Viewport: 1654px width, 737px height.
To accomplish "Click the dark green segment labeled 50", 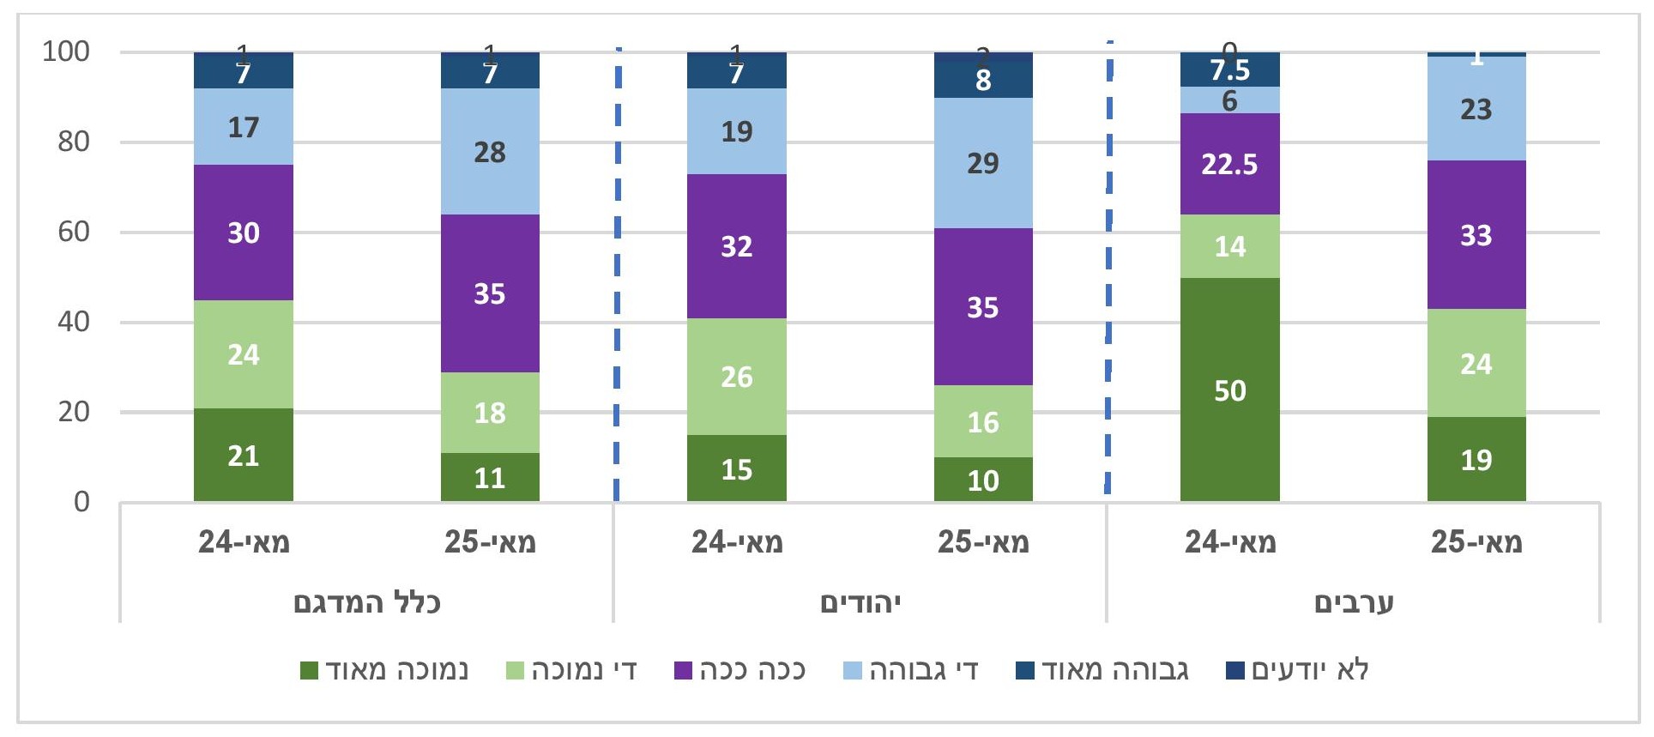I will pyautogui.click(x=1229, y=390).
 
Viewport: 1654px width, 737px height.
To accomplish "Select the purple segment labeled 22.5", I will pyautogui.click(x=1229, y=164).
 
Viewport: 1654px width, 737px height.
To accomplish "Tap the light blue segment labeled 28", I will pyautogui.click(x=490, y=152).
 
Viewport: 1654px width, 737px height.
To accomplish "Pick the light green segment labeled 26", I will pyautogui.click(x=736, y=377).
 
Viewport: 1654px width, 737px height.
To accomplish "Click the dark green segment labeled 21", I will pyautogui.click(x=244, y=455).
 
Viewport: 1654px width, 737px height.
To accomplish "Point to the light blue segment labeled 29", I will pyautogui.click(x=983, y=163).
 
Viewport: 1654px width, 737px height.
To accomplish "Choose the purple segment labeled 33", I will pyautogui.click(x=1476, y=235).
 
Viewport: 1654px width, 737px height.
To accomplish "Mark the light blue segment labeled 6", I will pyautogui.click(x=1229, y=100).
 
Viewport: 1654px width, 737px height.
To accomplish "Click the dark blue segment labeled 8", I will pyautogui.click(x=983, y=80).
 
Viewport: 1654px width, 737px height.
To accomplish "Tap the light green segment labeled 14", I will pyautogui.click(x=1229, y=246).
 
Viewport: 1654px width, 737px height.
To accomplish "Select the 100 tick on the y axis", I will pyautogui.click(x=66, y=51).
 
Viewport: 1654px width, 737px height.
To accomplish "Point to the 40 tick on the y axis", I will pyautogui.click(x=73, y=322).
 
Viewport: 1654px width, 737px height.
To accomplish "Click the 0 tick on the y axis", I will pyautogui.click(x=81, y=501).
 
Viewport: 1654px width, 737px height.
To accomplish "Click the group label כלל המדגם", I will pyautogui.click(x=367, y=602).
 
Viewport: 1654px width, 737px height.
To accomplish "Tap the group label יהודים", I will pyautogui.click(x=860, y=602).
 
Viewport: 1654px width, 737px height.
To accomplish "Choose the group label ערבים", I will pyautogui.click(x=1354, y=602).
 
